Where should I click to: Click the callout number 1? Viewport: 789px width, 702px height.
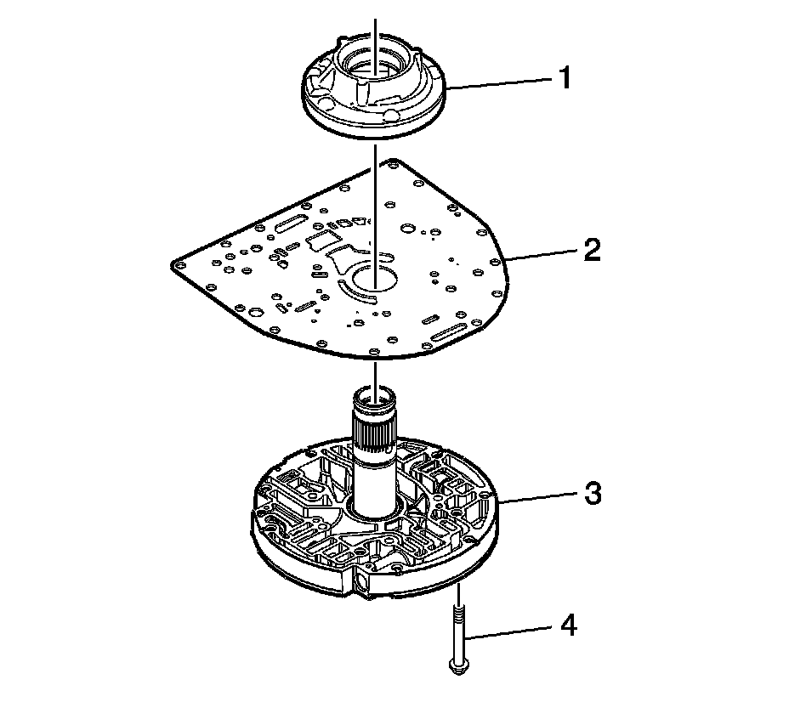coord(564,79)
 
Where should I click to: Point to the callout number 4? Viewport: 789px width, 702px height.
coord(568,627)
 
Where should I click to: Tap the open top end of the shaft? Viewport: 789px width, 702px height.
coord(375,393)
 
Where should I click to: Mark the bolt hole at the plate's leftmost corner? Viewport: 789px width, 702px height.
coord(178,265)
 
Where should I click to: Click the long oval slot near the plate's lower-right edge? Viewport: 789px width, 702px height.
coord(449,337)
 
